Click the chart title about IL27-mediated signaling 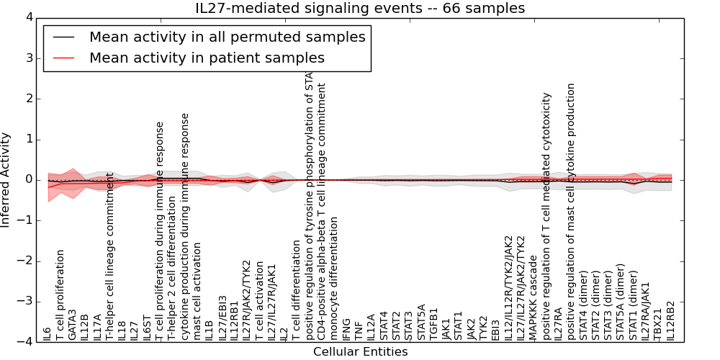click(360, 9)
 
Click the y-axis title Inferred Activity click(6, 179)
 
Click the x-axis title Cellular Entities click(360, 352)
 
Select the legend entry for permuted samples click(227, 37)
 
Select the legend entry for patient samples click(207, 58)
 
